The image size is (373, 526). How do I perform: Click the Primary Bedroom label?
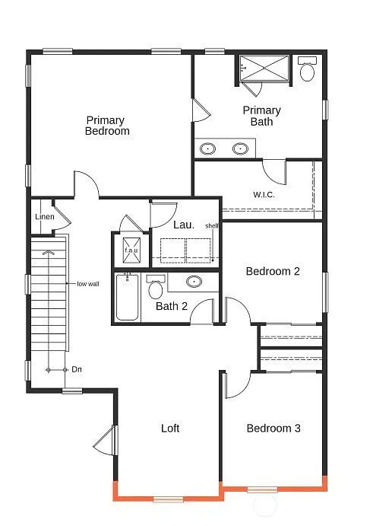tap(107, 126)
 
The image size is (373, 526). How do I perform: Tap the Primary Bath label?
tap(261, 116)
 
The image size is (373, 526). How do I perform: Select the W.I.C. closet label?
tap(264, 194)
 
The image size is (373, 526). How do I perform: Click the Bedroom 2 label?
tap(273, 271)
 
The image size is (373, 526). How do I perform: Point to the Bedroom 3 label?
tap(273, 429)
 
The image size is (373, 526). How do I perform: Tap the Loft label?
tap(170, 429)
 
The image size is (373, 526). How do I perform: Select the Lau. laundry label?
tap(183, 225)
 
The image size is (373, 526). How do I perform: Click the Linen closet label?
tap(44, 217)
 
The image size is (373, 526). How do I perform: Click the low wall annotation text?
tap(87, 284)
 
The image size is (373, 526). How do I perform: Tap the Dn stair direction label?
tap(76, 369)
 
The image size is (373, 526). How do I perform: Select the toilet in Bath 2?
tap(156, 288)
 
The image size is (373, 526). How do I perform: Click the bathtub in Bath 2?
tap(127, 297)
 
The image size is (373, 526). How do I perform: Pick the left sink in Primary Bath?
tap(207, 148)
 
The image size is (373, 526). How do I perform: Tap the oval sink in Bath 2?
tap(194, 282)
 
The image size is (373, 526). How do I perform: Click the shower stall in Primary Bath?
tap(264, 69)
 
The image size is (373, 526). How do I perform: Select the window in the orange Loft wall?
tap(169, 499)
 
